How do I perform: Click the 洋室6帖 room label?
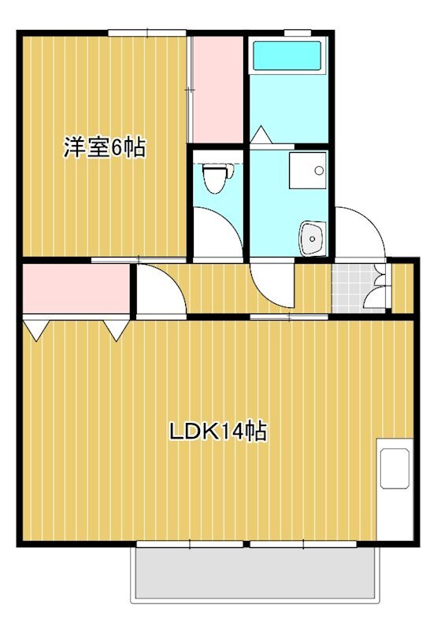pyautogui.click(x=105, y=148)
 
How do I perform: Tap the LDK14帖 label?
pyautogui.click(x=218, y=432)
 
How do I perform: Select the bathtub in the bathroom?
pyautogui.click(x=287, y=56)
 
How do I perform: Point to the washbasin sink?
pyautogui.click(x=313, y=238)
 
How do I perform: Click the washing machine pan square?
pyautogui.click(x=308, y=170)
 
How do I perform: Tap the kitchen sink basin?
pyautogui.click(x=394, y=469)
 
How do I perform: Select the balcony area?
pyautogui.click(x=257, y=572)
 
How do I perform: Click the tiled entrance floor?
pyautogui.click(x=358, y=287)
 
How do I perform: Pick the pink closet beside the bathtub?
pyautogui.click(x=217, y=89)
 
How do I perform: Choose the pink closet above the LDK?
pyautogui.click(x=76, y=288)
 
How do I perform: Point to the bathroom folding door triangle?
pyautogui.click(x=261, y=135)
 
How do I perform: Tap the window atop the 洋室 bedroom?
pyautogui.click(x=147, y=33)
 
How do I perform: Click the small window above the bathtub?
pyautogui.click(x=298, y=32)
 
